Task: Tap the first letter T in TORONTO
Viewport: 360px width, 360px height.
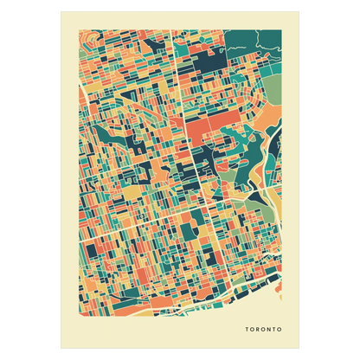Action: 247,330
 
